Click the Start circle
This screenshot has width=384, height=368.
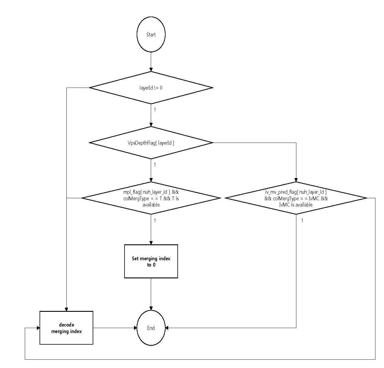151,34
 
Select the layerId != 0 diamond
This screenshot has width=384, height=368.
151,88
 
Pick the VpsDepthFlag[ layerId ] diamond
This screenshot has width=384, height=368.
151,143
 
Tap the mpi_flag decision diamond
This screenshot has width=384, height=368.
151,198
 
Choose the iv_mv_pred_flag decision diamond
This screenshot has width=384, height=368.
296,198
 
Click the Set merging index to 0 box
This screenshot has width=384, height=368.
151,261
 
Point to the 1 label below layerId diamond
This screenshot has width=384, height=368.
155,110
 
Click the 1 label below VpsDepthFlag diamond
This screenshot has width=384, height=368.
155,165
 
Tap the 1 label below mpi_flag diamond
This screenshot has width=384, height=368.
155,220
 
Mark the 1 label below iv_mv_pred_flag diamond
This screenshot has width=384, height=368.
302,220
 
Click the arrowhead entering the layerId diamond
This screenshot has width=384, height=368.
151,70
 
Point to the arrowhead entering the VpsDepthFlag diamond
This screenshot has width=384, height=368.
151,125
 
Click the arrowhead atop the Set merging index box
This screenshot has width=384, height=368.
151,243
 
